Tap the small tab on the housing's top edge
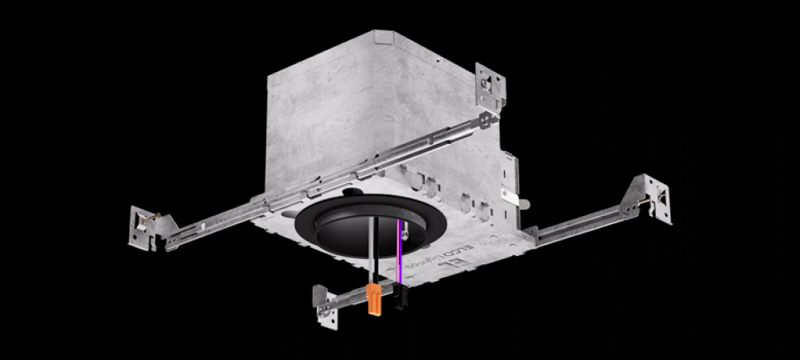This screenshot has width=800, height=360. (x=384, y=36)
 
